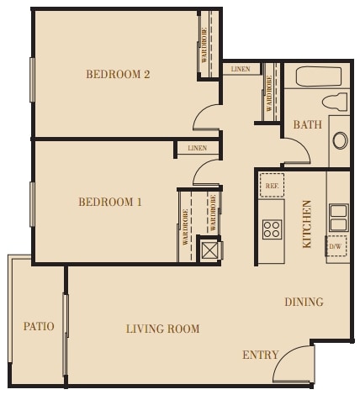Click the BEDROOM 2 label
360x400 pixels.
(x=118, y=75)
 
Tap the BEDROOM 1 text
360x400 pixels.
(x=110, y=203)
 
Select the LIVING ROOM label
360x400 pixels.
(x=163, y=329)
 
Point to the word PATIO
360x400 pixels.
(x=39, y=326)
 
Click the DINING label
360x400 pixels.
(x=304, y=303)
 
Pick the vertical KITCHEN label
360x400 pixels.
(x=307, y=224)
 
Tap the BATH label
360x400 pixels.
(x=307, y=125)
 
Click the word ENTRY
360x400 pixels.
(x=260, y=355)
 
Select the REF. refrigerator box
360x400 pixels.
(x=272, y=185)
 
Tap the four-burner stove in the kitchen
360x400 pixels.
(x=272, y=229)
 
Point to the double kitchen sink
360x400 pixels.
(x=338, y=217)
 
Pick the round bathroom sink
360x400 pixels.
(x=340, y=139)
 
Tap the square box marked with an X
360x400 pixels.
(x=209, y=250)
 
